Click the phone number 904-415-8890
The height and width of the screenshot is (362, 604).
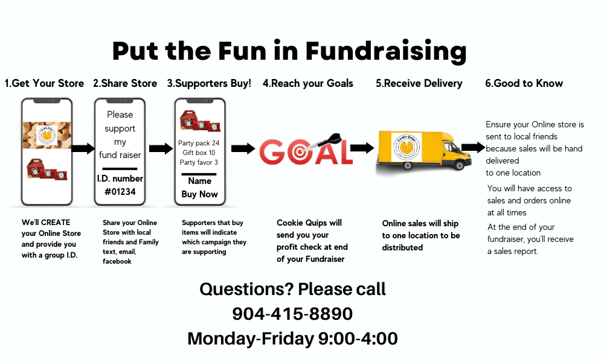pyautogui.click(x=292, y=314)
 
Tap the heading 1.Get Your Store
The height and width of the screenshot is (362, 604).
pyautogui.click(x=44, y=83)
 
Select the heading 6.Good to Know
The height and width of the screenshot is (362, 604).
pyautogui.click(x=524, y=83)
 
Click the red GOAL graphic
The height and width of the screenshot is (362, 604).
pyautogui.click(x=306, y=150)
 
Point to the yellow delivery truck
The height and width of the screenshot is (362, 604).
pyautogui.click(x=424, y=151)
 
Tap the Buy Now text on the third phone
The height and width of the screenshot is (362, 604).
pyautogui.click(x=199, y=194)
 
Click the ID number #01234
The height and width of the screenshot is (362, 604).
pyautogui.click(x=120, y=192)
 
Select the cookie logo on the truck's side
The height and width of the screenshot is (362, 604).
pyautogui.click(x=406, y=147)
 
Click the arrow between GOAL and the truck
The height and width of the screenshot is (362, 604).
pyautogui.click(x=362, y=148)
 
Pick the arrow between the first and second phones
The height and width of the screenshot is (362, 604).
pyautogui.click(x=83, y=148)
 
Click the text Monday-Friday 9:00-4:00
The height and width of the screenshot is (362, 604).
pyautogui.click(x=292, y=339)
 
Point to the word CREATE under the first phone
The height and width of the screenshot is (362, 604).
pyautogui.click(x=56, y=223)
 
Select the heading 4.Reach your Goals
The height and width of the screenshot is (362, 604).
pyautogui.click(x=308, y=83)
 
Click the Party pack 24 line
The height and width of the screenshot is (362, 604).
pyautogui.click(x=199, y=143)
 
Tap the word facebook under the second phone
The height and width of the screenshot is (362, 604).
pyautogui.click(x=117, y=261)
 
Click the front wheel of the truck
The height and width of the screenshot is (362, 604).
pyautogui.click(x=459, y=165)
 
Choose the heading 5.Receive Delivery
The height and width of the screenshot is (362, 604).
pyautogui.click(x=419, y=83)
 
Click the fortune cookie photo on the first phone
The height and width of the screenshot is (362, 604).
pyautogui.click(x=47, y=135)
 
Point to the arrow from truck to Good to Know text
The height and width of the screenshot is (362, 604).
pyautogui.click(x=473, y=147)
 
